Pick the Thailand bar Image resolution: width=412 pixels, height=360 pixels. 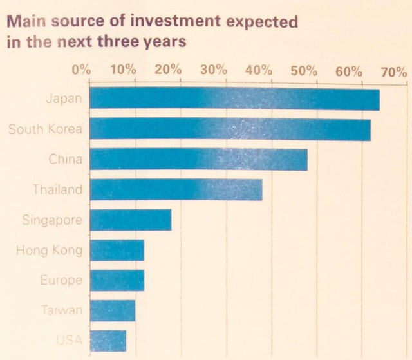click(x=176, y=190)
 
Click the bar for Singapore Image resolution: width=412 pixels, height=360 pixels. click(x=130, y=220)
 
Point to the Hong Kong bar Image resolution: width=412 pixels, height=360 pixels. click(x=117, y=250)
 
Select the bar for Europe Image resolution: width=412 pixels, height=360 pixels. click(x=117, y=280)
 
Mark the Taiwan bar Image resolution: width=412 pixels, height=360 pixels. click(x=112, y=310)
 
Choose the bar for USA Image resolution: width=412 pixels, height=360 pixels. click(x=108, y=340)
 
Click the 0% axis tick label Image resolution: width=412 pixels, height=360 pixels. click(x=81, y=70)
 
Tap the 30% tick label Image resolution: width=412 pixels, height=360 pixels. click(x=214, y=70)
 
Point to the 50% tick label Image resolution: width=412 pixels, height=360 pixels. click(x=304, y=70)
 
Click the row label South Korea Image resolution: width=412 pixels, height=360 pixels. click(x=45, y=129)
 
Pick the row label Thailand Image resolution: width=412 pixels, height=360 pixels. click(x=58, y=190)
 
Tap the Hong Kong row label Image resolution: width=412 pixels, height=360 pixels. click(x=49, y=250)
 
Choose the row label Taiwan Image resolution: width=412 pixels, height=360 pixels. click(x=61, y=310)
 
